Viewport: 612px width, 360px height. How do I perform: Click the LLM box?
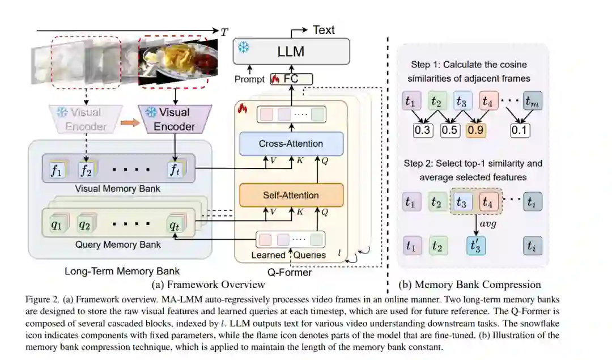click(291, 51)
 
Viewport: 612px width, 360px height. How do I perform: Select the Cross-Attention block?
click(291, 144)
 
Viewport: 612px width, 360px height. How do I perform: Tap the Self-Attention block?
click(291, 195)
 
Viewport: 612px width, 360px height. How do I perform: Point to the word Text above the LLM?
click(324, 30)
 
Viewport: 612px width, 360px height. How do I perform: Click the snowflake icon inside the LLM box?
click(244, 48)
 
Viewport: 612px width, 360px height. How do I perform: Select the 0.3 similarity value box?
click(423, 130)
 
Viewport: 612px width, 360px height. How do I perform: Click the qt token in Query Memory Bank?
click(176, 225)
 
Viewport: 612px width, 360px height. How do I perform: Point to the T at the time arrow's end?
click(224, 33)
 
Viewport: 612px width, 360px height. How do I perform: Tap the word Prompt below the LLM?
click(250, 80)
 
